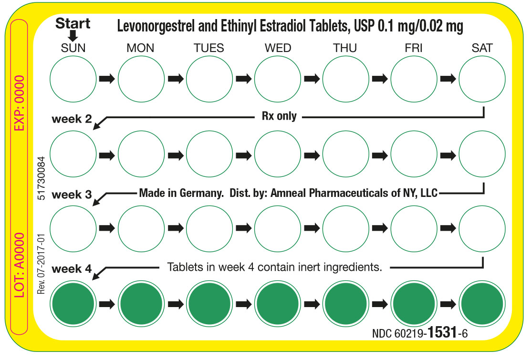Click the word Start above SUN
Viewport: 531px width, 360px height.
click(x=73, y=23)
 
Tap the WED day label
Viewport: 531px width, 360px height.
click(x=278, y=48)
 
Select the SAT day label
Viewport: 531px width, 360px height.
click(x=482, y=48)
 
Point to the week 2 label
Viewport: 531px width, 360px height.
click(x=72, y=119)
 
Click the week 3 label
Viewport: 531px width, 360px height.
click(x=72, y=195)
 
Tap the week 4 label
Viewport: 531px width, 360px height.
click(x=72, y=269)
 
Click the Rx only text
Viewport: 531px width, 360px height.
click(x=279, y=116)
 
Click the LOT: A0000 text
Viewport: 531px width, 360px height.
click(x=18, y=266)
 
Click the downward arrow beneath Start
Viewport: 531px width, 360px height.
click(x=73, y=36)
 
